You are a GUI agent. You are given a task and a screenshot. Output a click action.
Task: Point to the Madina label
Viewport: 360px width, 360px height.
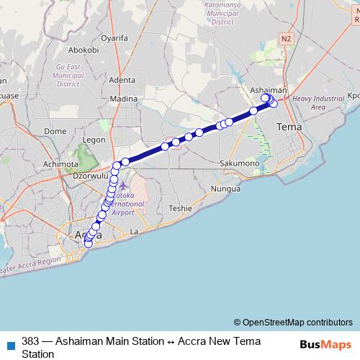pyautogui.click(x=123, y=99)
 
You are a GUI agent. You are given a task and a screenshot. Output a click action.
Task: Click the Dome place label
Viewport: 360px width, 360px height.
pyautogui.click(x=55, y=131)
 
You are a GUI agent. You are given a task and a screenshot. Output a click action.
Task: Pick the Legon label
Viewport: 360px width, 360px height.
pyautogui.click(x=94, y=140)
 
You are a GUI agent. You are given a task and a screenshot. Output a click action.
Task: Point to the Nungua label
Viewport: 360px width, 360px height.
pyautogui.click(x=225, y=189)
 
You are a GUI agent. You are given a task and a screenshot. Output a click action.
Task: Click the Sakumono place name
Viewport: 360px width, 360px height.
pyautogui.click(x=240, y=163)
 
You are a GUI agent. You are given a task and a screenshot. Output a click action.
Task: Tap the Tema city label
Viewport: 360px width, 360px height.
pyautogui.click(x=289, y=127)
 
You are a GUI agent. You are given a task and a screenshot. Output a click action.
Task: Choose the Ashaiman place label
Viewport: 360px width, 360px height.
pyautogui.click(x=268, y=90)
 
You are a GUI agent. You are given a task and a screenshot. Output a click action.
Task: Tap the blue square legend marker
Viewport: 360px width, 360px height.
pyautogui.click(x=10, y=345)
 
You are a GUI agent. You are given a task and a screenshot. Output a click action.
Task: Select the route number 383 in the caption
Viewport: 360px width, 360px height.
pyautogui.click(x=30, y=341)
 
